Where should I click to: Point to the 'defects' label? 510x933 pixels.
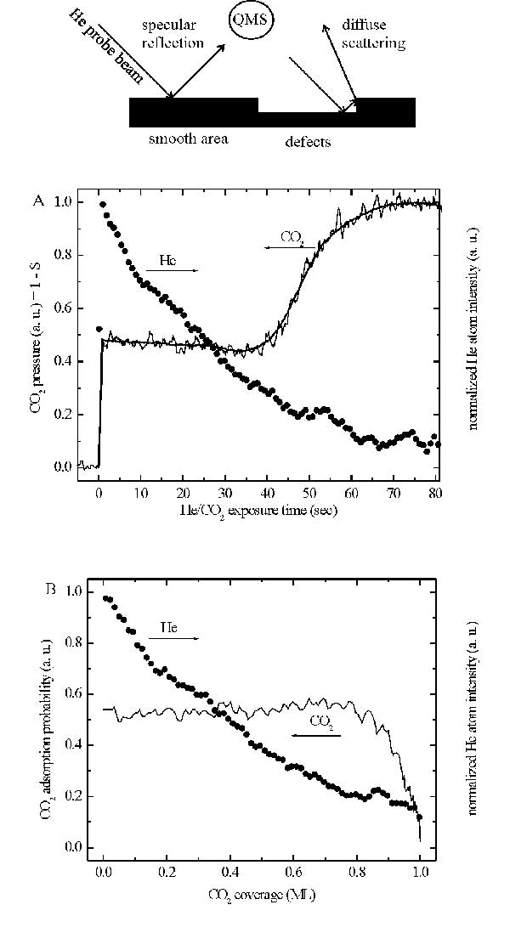pos(307,142)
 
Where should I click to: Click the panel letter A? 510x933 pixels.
pos(38,202)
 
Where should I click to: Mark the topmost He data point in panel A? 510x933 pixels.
pos(103,205)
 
